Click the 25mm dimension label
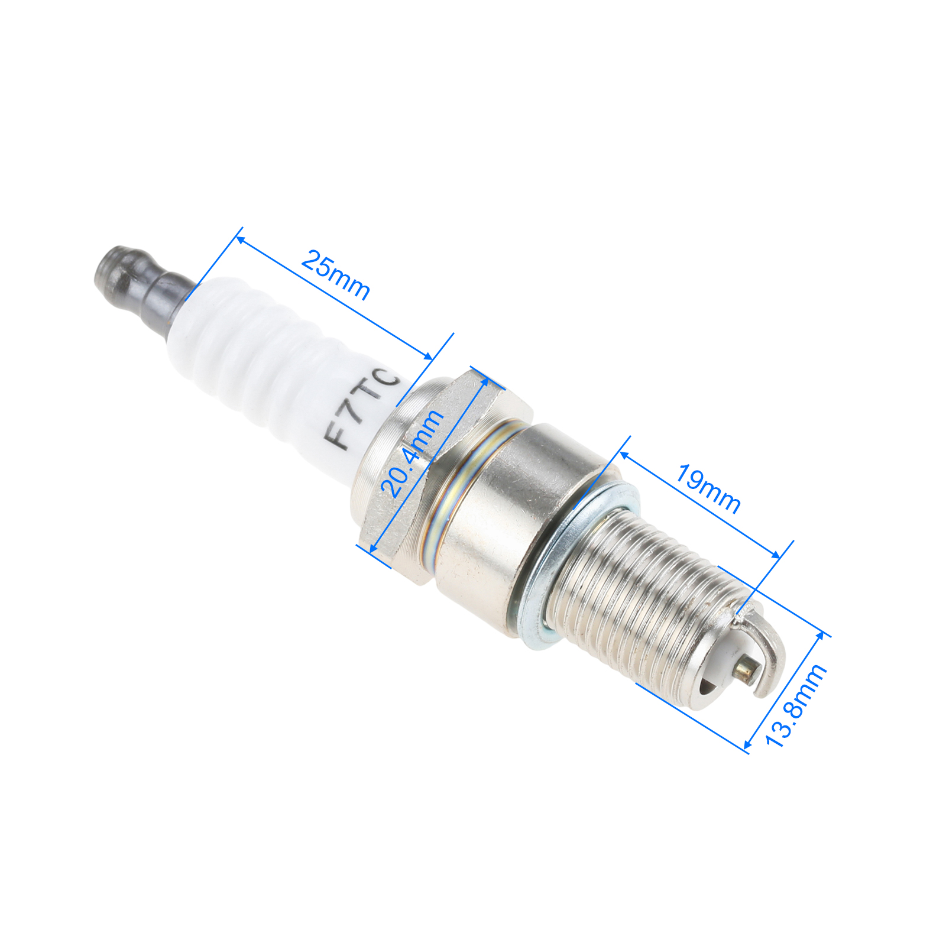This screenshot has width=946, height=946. (336, 275)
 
